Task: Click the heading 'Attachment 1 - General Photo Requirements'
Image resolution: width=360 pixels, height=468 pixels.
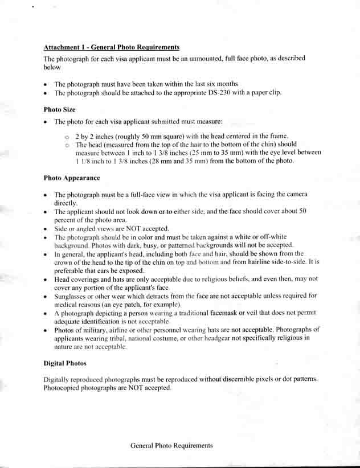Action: coord(112,47)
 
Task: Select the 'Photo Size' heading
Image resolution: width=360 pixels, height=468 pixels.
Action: coord(59,109)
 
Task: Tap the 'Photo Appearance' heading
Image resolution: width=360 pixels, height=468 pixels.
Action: coord(72,178)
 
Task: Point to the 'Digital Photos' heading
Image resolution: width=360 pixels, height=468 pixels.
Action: coord(64,363)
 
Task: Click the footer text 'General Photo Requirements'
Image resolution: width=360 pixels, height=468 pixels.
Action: coord(171,445)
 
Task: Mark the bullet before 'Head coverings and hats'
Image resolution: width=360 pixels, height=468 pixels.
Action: coord(45,280)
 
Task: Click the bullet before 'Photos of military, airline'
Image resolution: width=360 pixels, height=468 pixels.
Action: coord(45,330)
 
